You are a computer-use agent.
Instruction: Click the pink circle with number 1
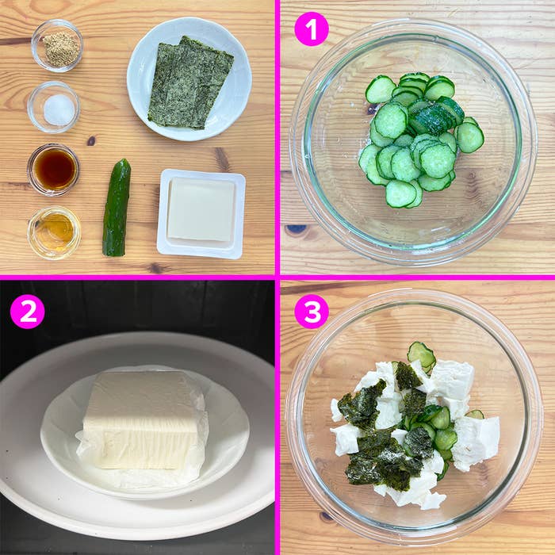coord(311,29)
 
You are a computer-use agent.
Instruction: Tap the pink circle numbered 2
coord(28,311)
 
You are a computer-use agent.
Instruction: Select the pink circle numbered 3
coord(311,311)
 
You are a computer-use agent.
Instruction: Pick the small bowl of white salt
coord(54,108)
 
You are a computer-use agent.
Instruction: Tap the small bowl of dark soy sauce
coord(54,169)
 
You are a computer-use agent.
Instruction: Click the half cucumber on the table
coord(116,208)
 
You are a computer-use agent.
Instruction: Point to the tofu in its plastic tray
coord(201,211)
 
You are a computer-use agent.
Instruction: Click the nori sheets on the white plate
coord(190,82)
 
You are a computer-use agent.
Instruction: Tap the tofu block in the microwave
coord(143,419)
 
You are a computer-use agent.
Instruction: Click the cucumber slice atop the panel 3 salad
coord(421,354)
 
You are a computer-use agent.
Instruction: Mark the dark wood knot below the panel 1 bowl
coord(296,230)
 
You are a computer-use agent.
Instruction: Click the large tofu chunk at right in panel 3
coord(478,439)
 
